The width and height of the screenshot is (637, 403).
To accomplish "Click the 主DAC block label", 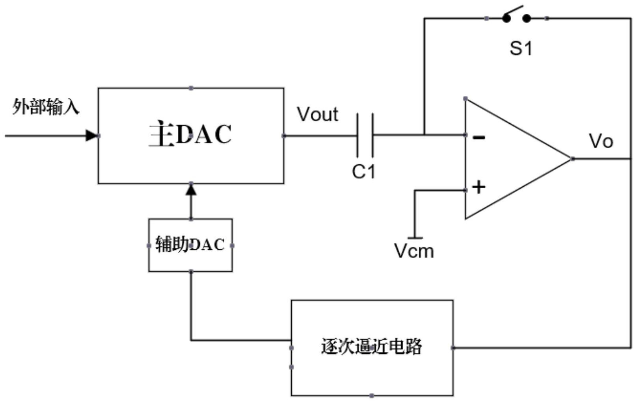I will [x=190, y=135].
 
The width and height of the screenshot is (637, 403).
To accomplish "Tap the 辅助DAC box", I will [x=190, y=245].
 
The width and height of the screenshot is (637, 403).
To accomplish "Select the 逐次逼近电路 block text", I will [x=371, y=347].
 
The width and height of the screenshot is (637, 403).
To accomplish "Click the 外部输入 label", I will [x=46, y=107].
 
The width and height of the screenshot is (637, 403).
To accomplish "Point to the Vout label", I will [x=317, y=115].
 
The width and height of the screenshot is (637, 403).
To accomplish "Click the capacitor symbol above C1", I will [x=365, y=135].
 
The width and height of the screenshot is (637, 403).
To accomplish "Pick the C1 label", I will [x=363, y=172].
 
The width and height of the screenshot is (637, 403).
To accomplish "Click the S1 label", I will [x=521, y=48].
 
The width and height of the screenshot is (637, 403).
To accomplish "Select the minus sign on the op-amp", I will [x=479, y=137].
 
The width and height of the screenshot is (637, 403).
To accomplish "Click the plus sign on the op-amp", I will [x=479, y=187].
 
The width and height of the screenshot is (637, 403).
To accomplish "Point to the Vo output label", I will [x=601, y=141].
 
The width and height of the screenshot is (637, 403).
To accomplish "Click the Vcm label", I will [x=414, y=251].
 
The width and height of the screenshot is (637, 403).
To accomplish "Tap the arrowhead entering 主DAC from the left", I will [x=92, y=136].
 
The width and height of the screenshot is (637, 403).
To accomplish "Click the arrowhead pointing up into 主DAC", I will [x=191, y=190].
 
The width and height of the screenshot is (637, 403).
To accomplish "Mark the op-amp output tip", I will [x=572, y=159].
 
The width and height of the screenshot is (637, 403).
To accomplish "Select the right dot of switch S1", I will [x=527, y=18].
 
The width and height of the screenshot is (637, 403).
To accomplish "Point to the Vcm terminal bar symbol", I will [x=415, y=238].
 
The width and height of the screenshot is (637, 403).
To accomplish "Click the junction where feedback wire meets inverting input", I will [x=425, y=135].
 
